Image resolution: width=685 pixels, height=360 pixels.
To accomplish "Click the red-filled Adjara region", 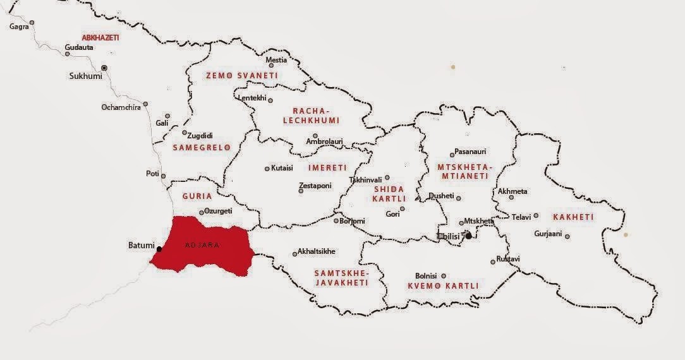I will pos(202,246).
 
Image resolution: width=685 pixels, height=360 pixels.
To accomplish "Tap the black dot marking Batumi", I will pos(159,249).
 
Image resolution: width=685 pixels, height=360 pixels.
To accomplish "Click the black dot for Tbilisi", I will pos(468,236).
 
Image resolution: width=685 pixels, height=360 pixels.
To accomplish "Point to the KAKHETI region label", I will pos(573,217).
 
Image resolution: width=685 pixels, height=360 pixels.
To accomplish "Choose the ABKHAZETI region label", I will pos(100,38).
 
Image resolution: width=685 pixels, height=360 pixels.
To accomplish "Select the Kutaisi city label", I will pos(282,169).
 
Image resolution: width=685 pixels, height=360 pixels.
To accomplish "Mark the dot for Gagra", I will pos(32,23).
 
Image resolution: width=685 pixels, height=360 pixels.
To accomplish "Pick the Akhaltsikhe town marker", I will pos(294,255).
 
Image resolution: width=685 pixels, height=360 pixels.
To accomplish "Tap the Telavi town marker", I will pos(536,215).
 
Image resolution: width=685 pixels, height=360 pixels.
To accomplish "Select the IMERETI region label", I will pos(327,168).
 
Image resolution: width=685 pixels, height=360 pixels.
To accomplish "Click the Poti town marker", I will pos(163,176).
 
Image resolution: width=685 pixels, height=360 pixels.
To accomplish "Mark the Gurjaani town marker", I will pos(567,237).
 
